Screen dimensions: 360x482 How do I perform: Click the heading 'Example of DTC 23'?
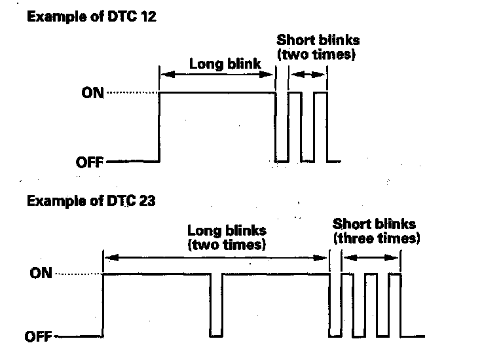[91, 202]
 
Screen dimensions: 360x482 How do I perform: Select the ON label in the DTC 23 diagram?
[41, 274]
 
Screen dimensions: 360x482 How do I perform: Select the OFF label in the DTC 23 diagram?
[39, 338]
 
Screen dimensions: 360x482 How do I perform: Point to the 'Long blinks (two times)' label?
[227, 238]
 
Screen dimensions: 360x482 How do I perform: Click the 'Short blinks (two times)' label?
[318, 48]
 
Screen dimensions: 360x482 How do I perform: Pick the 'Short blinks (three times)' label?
[375, 231]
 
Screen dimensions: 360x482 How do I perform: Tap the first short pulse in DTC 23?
[348, 305]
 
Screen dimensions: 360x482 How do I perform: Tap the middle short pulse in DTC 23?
[371, 305]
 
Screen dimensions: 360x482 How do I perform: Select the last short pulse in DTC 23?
[394, 305]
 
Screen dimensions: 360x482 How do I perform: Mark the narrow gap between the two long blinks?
[217, 305]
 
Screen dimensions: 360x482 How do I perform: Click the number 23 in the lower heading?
[147, 202]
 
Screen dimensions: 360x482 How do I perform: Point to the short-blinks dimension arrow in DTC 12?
[307, 75]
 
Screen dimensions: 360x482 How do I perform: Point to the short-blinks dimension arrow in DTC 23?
[371, 258]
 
